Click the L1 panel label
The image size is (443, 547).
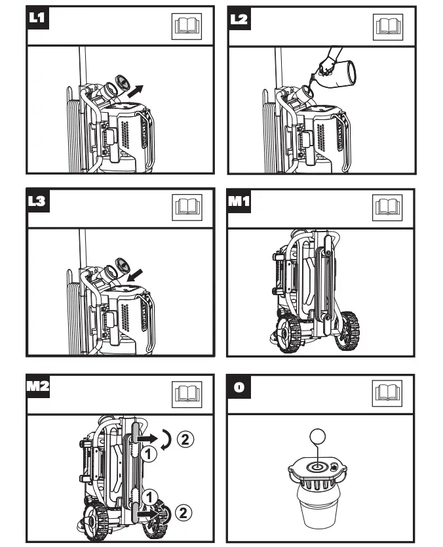pyautogui.click(x=36, y=18)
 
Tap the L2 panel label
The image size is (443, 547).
pyautogui.click(x=240, y=18)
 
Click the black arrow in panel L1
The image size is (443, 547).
pyautogui.click(x=135, y=91)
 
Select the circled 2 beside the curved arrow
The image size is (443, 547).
pyautogui.click(x=187, y=439)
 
